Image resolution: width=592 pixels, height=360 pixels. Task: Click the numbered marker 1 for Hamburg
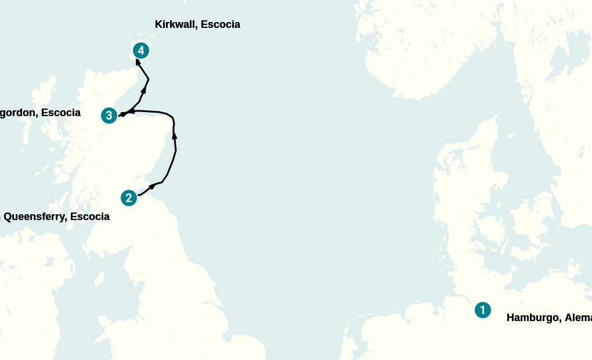(x=482, y=310)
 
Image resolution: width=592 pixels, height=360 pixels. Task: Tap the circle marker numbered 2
(x=129, y=198)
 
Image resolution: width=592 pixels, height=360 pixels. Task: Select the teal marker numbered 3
(x=109, y=116)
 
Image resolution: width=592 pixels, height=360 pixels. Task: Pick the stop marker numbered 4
(x=140, y=51)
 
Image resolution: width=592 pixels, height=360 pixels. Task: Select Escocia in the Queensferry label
(x=89, y=217)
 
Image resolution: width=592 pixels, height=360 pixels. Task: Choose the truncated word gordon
(x=17, y=113)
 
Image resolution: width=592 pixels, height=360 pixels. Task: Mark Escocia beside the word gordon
(x=61, y=113)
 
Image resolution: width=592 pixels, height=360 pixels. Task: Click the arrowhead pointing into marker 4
(x=138, y=61)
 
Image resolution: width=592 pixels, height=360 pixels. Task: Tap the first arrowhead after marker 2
(x=153, y=186)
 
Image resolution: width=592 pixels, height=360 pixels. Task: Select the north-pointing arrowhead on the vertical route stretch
(x=174, y=135)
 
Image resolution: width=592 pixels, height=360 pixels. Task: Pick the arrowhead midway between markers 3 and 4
(x=144, y=90)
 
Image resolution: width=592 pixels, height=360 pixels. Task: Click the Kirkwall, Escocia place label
(x=197, y=24)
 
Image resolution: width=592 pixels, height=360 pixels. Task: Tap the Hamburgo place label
(x=548, y=318)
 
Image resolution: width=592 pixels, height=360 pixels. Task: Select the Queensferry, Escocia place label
(x=56, y=217)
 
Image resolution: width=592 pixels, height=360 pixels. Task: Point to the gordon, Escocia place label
(x=39, y=113)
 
